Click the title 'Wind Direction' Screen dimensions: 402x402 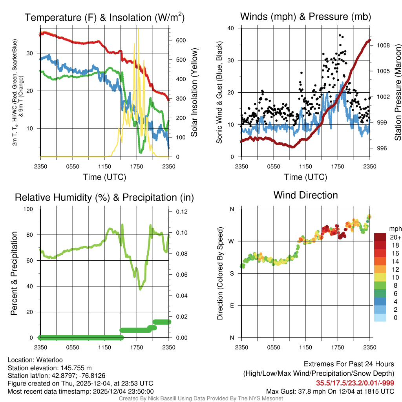[x=305, y=195]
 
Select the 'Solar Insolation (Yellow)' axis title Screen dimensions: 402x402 [x=194, y=93]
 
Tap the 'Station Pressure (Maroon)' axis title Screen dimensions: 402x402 [x=398, y=93]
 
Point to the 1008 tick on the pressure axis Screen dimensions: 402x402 [x=383, y=45]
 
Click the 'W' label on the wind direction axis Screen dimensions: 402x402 [x=232, y=241]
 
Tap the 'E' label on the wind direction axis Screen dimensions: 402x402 [x=232, y=305]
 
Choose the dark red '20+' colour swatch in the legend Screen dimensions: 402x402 [x=380, y=237]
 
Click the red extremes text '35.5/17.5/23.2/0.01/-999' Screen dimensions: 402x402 [x=355, y=383]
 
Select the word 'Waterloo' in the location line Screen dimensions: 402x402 [x=48, y=360]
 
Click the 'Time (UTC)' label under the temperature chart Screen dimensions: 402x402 [x=104, y=177]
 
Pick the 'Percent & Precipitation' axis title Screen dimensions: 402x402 [x=14, y=273]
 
